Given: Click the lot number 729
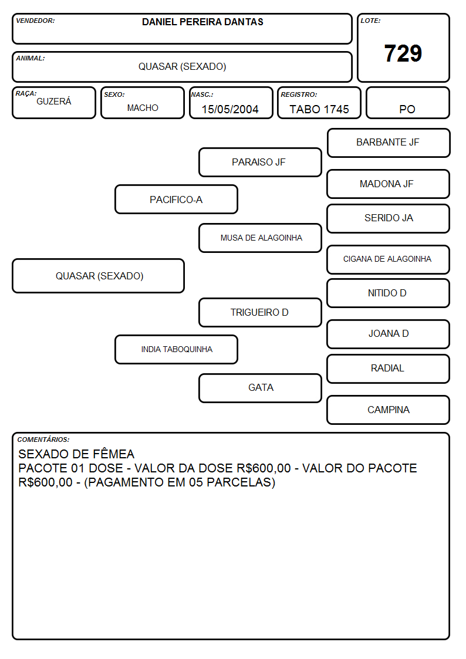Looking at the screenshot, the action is tap(403, 53).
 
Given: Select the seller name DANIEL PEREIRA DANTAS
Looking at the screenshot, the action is tap(202, 22).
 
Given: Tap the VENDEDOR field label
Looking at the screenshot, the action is tap(35, 21).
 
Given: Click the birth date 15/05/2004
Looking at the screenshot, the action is tap(230, 109).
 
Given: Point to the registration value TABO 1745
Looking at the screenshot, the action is tap(319, 109).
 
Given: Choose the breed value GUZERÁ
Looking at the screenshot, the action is tap(54, 102).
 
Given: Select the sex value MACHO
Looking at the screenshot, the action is tap(143, 108).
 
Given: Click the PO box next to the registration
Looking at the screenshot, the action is tap(407, 103).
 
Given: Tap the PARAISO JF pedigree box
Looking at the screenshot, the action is tap(260, 162).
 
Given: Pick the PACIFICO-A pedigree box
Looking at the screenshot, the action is tap(176, 200).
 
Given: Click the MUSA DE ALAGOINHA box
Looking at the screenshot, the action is tap(260, 238).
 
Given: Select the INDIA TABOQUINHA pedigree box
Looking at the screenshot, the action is tap(176, 350).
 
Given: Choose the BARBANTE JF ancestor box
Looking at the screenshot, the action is tap(389, 143).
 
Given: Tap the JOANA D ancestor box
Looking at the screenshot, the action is tap(388, 334).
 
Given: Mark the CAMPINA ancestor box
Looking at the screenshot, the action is tap(388, 410).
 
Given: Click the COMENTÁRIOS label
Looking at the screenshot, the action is tap(43, 440).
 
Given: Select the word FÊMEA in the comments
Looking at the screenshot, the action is tap(113, 454).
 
